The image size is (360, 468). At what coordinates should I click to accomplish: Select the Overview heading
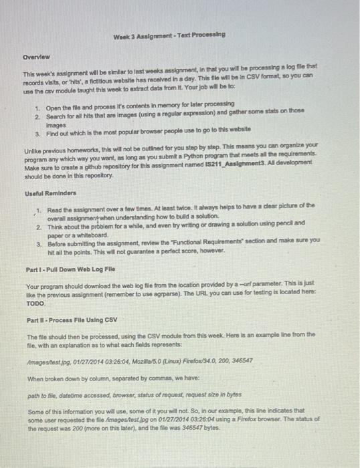37,57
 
